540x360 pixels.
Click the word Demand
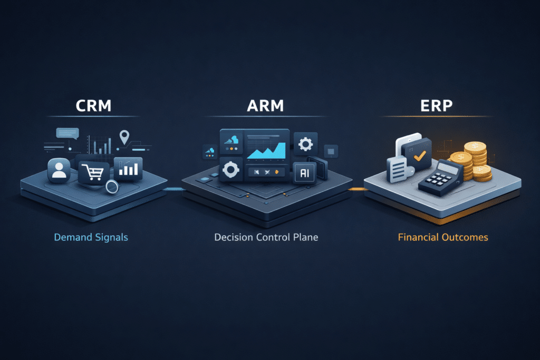tap(70, 237)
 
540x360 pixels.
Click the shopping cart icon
tap(94, 171)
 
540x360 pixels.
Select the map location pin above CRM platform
tap(124, 137)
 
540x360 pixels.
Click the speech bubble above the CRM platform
tap(67, 133)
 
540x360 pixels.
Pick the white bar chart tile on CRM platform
tap(128, 168)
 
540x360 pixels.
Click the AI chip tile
tap(304, 172)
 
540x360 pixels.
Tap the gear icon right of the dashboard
tap(305, 144)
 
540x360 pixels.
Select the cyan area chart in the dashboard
tap(266, 152)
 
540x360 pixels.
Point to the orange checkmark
tap(420, 156)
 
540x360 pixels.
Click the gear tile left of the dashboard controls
tap(230, 170)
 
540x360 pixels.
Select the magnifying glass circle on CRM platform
tap(111, 186)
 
